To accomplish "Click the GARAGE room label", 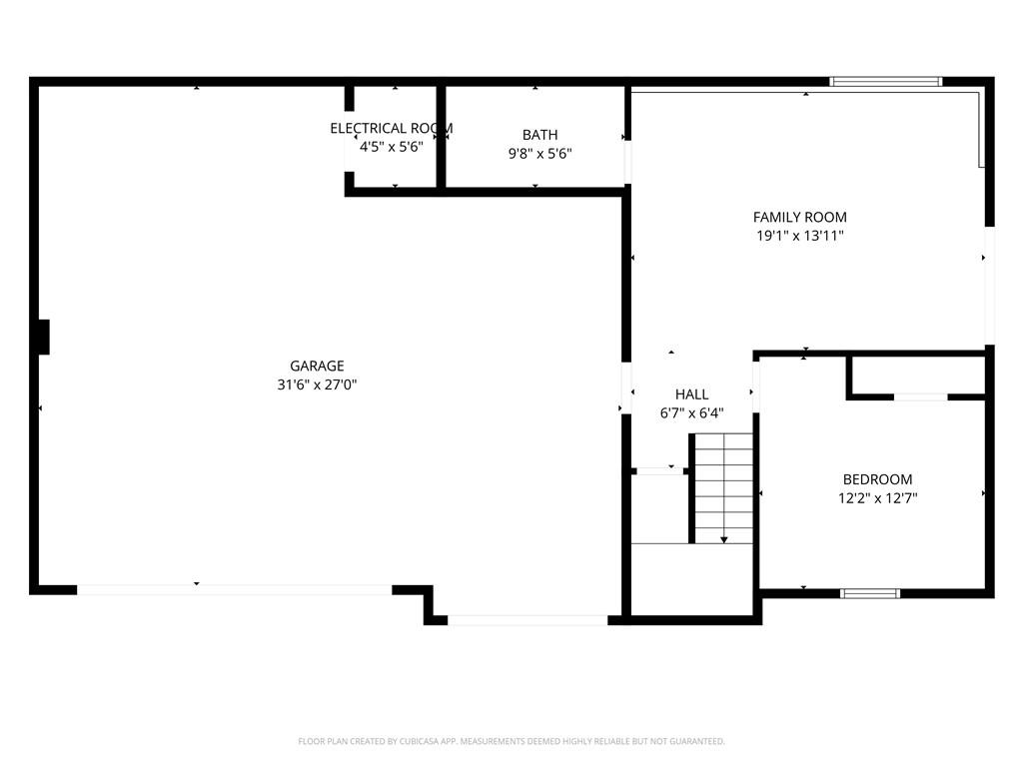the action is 317,366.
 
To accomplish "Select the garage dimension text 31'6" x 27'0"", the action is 317,384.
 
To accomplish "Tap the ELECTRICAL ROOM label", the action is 392,129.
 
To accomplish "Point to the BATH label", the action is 540,135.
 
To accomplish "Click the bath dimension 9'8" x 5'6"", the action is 540,154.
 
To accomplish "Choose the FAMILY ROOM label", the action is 800,217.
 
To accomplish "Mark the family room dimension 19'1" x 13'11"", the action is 800,236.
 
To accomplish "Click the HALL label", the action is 691,394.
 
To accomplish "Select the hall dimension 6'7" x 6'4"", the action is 691,412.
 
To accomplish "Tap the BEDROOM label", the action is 877,479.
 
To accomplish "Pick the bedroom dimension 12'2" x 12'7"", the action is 877,498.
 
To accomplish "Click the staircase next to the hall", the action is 723,488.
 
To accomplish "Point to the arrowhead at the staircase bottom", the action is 723,540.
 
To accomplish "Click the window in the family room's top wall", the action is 886,82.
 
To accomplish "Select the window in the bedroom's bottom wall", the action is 870,593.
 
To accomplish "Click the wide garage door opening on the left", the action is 235,590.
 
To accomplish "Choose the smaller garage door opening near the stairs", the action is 527,620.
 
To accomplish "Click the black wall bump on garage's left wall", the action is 44,338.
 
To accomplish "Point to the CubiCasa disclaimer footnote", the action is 511,742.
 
